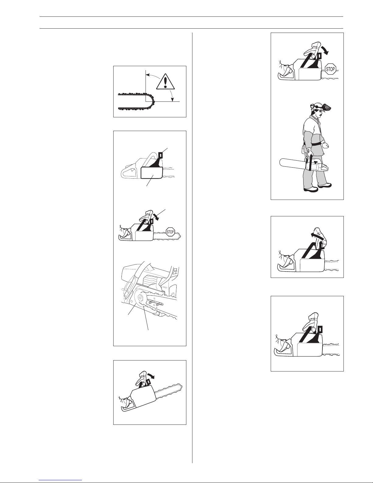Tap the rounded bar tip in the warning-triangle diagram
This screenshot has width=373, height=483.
pos(152,101)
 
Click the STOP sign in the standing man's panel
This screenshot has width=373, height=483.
pos(330,69)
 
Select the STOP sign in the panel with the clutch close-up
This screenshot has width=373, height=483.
pos(170,232)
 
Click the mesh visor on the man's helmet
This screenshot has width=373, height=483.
pos(329,108)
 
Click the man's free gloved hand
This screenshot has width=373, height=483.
pos(325,145)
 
